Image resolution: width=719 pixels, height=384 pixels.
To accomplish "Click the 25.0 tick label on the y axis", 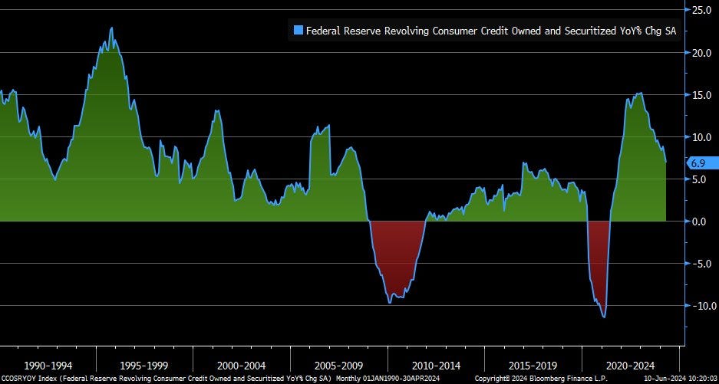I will pyautogui.click(x=702, y=11).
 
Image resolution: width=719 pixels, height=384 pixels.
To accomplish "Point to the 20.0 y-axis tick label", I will pyautogui.click(x=702, y=53).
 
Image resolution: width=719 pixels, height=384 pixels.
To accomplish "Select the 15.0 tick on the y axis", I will pyautogui.click(x=702, y=95).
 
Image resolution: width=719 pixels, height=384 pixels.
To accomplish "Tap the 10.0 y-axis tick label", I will pyautogui.click(x=702, y=137).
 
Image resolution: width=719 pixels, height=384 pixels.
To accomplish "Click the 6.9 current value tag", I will pyautogui.click(x=700, y=162).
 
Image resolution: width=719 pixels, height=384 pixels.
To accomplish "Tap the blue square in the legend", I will pyautogui.click(x=298, y=31).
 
